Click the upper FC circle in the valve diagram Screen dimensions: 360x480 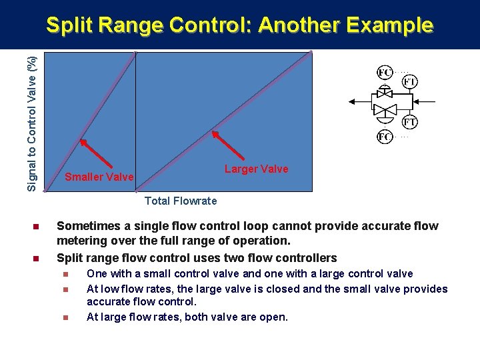(x=385, y=72)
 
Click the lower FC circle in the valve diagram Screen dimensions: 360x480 (x=385, y=137)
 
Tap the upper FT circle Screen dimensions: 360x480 (x=410, y=81)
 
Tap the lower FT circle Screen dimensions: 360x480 (x=410, y=123)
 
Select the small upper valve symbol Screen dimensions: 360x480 (x=385, y=93)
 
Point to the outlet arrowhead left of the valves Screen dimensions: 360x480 (x=351, y=102)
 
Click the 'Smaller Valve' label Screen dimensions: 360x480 (x=99, y=177)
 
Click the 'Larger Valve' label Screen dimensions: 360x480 (x=257, y=169)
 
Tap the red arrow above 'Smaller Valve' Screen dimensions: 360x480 (x=95, y=153)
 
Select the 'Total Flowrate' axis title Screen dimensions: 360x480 (x=181, y=201)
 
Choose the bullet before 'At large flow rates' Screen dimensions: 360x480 (x=65, y=317)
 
